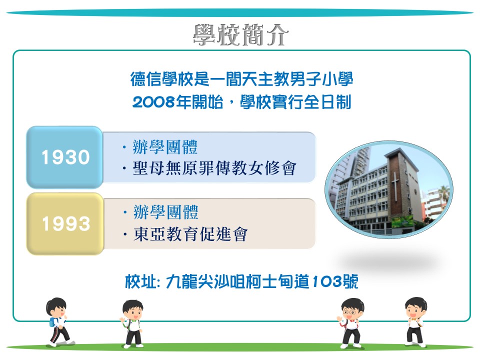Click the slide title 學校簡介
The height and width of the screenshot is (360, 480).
[x=240, y=35]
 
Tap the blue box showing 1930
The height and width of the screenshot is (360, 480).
[x=64, y=157]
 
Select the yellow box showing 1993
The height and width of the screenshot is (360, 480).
[x=65, y=223]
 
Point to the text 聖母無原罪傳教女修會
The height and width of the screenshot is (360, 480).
[x=214, y=168]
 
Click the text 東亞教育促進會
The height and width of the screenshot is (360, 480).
[x=190, y=234]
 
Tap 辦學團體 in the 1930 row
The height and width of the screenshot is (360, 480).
[x=165, y=147]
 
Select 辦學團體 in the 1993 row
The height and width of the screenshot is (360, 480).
[x=166, y=212]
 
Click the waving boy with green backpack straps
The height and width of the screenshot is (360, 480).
[x=132, y=324]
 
